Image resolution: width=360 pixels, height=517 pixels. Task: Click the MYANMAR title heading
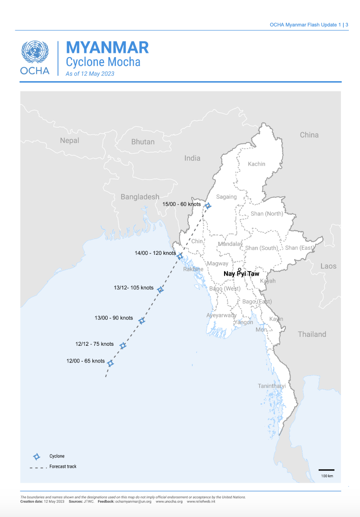point(107,47)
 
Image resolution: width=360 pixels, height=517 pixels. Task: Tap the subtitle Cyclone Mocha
point(103,62)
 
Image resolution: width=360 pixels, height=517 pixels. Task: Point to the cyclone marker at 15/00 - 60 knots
point(208,206)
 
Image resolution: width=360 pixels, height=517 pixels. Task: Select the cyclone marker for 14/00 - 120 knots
point(180,256)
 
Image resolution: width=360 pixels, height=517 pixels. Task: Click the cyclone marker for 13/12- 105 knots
point(161,290)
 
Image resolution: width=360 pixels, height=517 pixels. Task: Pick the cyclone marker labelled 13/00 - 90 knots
point(142,321)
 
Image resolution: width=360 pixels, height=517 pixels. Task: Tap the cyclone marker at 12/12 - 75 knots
point(123,346)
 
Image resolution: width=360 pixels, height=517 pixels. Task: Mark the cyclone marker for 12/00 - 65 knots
point(110,363)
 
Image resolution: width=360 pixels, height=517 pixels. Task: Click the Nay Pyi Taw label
point(241,274)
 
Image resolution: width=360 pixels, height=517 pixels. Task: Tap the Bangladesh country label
point(140,197)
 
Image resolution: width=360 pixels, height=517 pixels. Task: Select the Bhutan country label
point(143,142)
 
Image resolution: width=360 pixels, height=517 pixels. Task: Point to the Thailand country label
point(312,334)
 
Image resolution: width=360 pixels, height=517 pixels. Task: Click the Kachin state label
point(257,164)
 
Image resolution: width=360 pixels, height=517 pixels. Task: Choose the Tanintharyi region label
point(272,386)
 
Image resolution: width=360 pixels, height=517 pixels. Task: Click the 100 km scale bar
point(327,470)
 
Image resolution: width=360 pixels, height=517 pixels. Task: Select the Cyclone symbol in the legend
point(37,456)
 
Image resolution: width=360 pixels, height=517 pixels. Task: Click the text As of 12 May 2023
point(90,73)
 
